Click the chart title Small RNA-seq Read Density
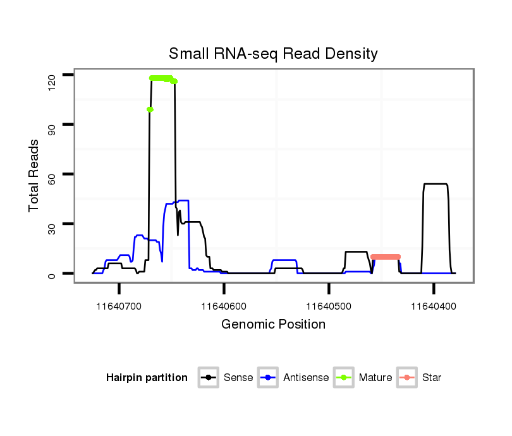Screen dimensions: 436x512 pyautogui.click(x=273, y=53)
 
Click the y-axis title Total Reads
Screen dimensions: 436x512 pyautogui.click(x=34, y=175)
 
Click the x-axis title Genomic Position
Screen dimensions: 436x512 pyautogui.click(x=273, y=325)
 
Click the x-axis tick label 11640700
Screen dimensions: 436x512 pyautogui.click(x=119, y=306)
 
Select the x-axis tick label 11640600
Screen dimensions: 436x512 pyautogui.click(x=224, y=306)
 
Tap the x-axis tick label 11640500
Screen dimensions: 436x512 pyautogui.click(x=329, y=306)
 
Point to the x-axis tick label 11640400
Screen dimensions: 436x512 pyautogui.click(x=434, y=306)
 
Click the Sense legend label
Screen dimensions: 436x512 pyautogui.click(x=238, y=378)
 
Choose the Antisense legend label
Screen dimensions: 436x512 pyautogui.click(x=306, y=378)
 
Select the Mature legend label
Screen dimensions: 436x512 pyautogui.click(x=375, y=378)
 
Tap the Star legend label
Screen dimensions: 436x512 pyautogui.click(x=432, y=378)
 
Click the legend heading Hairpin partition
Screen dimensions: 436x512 pyautogui.click(x=147, y=378)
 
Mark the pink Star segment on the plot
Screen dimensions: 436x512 pyautogui.click(x=386, y=257)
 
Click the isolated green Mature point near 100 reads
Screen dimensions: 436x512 pyautogui.click(x=150, y=109)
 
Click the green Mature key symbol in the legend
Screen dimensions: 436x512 pyautogui.click(x=344, y=378)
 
